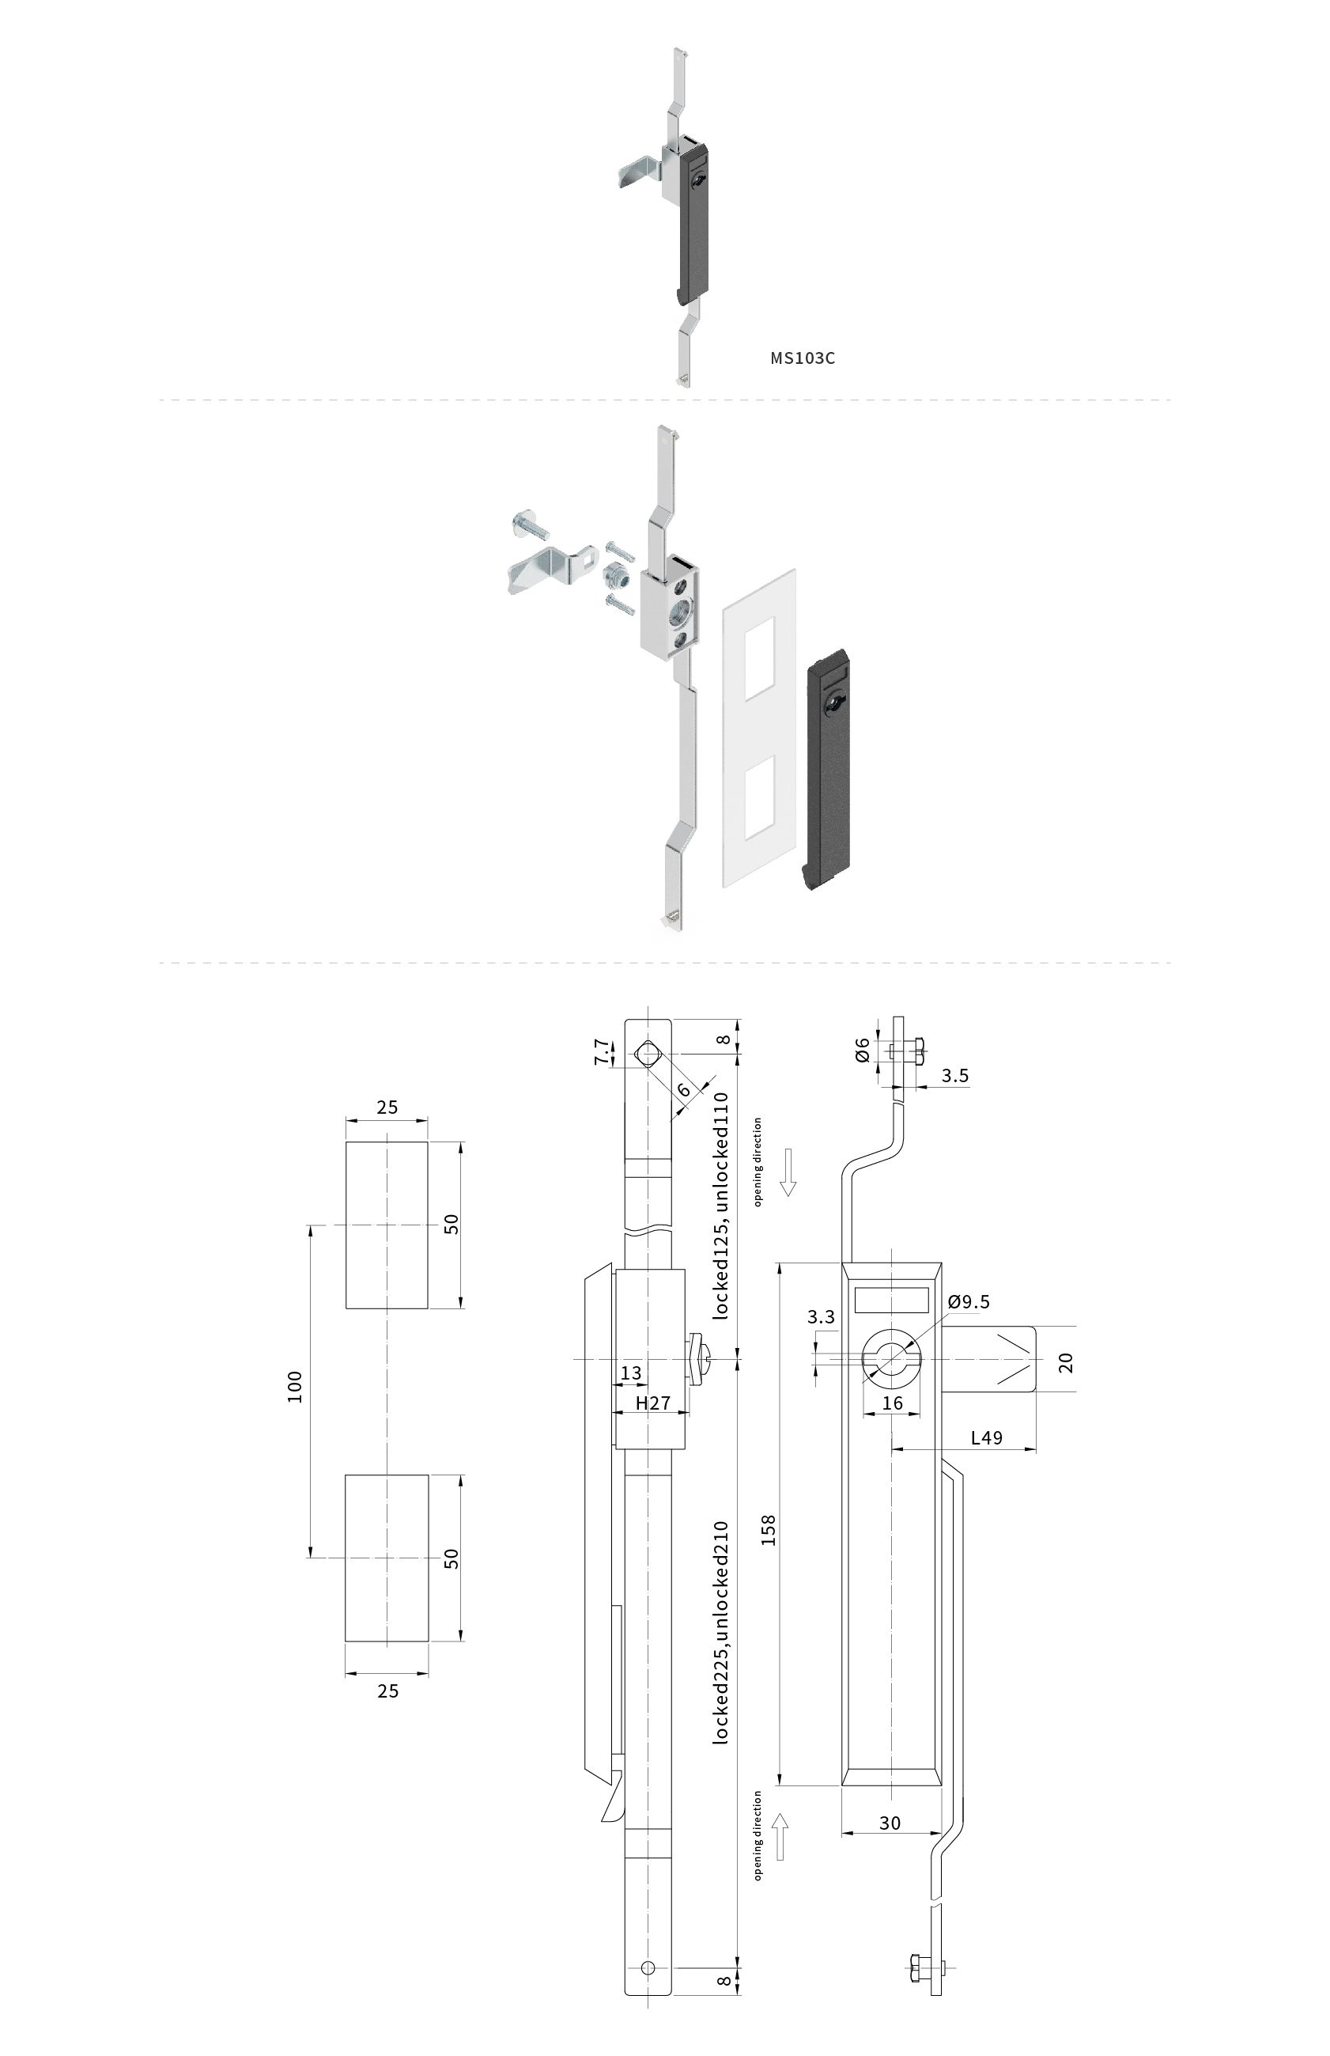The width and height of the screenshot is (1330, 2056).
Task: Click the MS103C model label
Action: point(803,358)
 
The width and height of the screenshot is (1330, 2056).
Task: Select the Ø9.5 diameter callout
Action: point(968,1302)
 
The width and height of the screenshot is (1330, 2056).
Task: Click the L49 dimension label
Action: point(986,1437)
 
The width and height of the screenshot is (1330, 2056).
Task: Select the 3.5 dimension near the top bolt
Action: point(954,1076)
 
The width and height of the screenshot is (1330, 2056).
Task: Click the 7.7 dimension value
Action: point(602,1052)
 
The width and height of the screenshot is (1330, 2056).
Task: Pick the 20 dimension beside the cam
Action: point(1066,1362)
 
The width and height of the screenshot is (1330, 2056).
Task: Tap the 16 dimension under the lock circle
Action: point(892,1402)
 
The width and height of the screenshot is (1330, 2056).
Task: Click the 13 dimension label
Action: point(631,1373)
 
